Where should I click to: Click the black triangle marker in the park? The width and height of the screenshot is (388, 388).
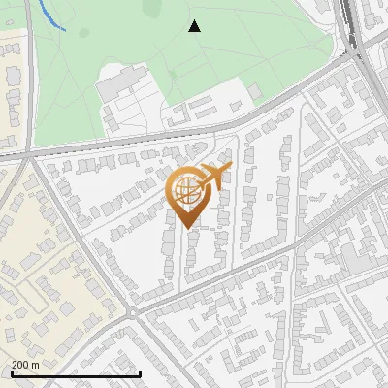[195, 26]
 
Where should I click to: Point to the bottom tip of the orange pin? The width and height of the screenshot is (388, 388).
[187, 228]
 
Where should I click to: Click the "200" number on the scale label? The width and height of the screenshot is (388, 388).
[21, 365]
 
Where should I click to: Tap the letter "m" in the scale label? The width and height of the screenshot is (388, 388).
[36, 365]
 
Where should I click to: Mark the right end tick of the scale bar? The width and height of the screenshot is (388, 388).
[141, 373]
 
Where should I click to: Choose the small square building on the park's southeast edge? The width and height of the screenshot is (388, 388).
[254, 91]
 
